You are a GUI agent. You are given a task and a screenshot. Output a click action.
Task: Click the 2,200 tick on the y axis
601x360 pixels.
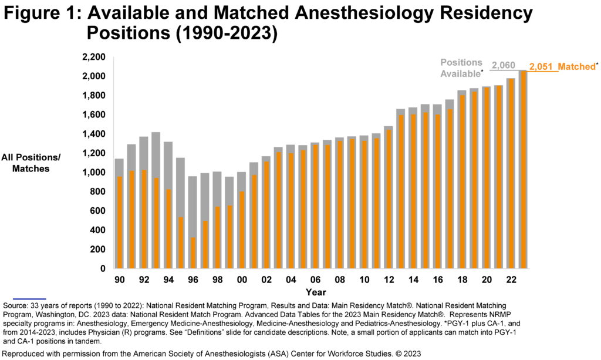coord(93,58)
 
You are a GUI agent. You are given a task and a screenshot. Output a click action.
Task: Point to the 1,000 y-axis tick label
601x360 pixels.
coord(93,173)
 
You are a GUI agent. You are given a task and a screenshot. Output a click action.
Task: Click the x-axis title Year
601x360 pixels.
coord(315,292)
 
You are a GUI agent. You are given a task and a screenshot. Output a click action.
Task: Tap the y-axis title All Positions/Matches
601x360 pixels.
coord(31,163)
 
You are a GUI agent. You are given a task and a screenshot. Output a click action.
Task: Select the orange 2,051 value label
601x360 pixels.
coord(541,68)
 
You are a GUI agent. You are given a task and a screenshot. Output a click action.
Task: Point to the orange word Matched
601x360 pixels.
coord(576,67)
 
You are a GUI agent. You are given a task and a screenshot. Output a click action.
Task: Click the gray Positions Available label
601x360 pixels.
coord(461,68)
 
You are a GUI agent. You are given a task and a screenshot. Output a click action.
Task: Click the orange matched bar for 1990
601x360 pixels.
coord(119,223)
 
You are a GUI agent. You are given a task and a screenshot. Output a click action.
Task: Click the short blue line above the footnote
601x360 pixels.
coord(24,299)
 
